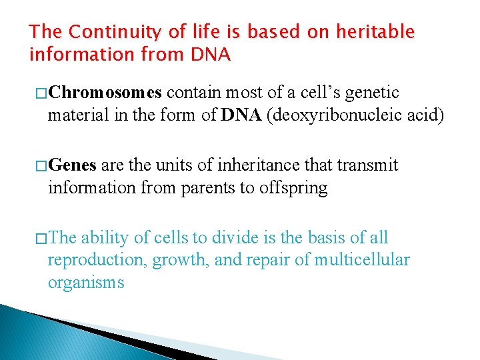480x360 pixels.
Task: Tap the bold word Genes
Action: pyautogui.click(x=73, y=165)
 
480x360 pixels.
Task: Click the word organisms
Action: pyautogui.click(x=86, y=283)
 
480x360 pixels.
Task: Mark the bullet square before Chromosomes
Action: pyautogui.click(x=39, y=92)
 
